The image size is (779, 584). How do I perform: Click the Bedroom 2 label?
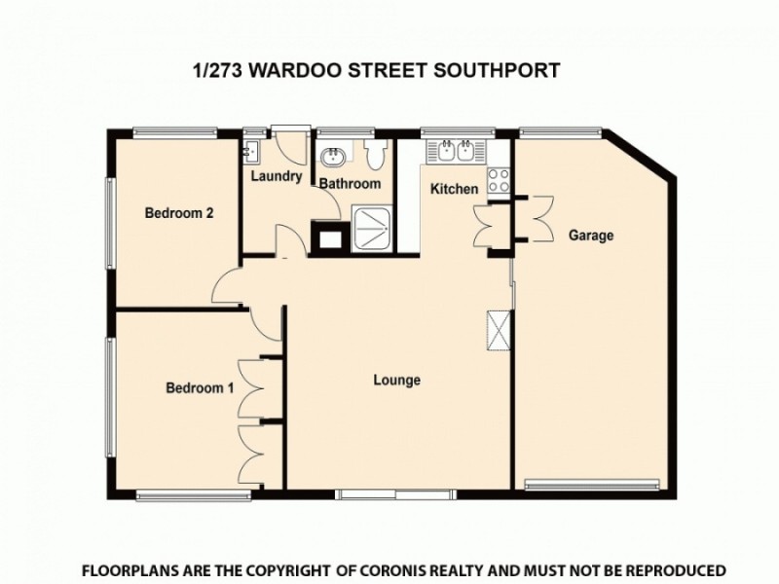click(179, 214)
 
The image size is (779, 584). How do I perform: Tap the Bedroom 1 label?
click(200, 387)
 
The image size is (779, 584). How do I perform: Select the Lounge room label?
click(397, 381)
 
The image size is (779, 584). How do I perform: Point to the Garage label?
click(591, 236)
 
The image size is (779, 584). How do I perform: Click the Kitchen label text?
click(455, 189)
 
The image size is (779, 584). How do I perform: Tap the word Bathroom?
click(351, 183)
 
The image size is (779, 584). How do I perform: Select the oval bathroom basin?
click(333, 157)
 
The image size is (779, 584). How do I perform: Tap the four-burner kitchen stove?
click(499, 180)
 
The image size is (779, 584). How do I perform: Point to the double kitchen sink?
click(456, 151)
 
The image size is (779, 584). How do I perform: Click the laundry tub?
click(251, 150)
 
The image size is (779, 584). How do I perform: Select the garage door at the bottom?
click(594, 484)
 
